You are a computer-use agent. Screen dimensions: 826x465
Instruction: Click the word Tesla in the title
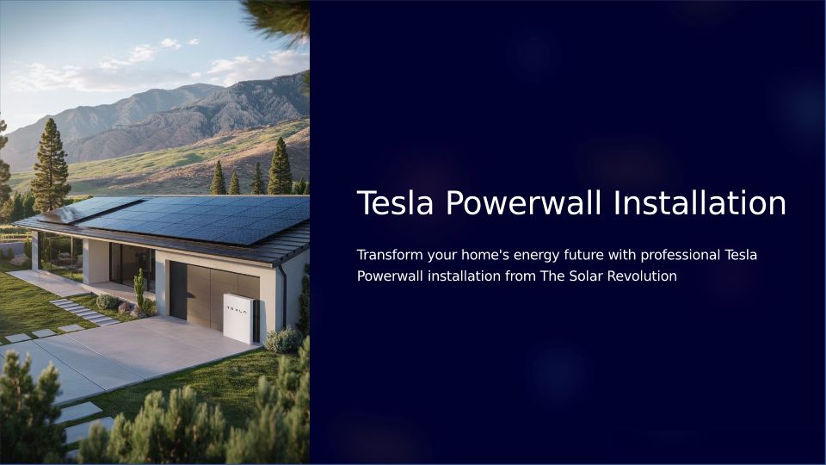[x=395, y=203]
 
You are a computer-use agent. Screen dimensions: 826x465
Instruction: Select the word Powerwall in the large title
[x=524, y=203]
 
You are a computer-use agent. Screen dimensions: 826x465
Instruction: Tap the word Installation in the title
[x=700, y=203]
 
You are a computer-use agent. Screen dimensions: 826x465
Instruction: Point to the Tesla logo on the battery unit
[x=236, y=312]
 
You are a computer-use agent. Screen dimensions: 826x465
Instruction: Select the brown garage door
[x=215, y=296]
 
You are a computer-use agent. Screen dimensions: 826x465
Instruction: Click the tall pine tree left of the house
[x=51, y=165]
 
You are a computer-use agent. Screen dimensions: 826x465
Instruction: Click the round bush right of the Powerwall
[x=283, y=340]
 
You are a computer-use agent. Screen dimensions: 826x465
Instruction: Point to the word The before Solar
[x=552, y=276]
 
